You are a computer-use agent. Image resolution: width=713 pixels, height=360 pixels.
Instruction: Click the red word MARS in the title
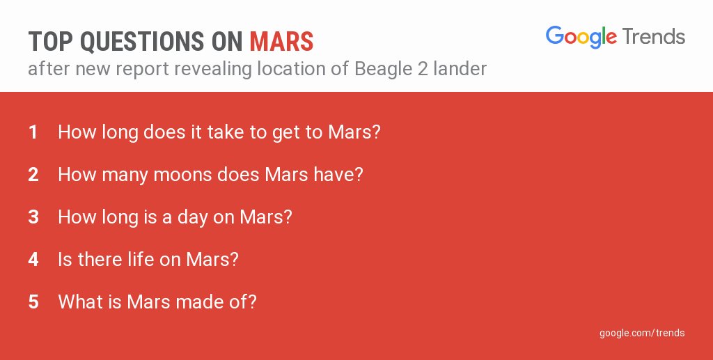[x=281, y=42]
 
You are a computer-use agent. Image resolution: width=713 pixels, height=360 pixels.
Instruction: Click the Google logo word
[x=581, y=37]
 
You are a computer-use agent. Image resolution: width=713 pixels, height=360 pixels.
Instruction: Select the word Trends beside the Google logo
[x=654, y=36]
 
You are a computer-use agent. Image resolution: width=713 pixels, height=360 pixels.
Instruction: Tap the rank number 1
[x=33, y=132]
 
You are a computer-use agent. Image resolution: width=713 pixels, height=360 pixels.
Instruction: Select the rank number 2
[x=33, y=174]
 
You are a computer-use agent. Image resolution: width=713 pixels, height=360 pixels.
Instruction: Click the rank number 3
[x=33, y=217]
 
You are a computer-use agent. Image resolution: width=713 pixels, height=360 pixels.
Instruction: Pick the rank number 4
[x=33, y=260]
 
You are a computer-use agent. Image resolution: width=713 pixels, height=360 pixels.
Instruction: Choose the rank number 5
[x=33, y=302]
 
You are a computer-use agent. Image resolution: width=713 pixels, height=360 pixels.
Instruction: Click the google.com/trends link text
[x=642, y=333]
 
